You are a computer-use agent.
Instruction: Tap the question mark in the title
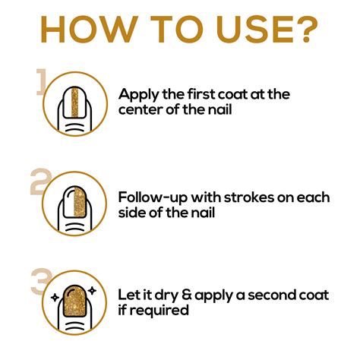[307, 29]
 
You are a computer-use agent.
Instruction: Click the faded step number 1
[41, 81]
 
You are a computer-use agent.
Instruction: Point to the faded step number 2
[40, 182]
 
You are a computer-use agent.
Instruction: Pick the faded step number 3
[40, 280]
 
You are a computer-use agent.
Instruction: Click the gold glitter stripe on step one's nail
[75, 103]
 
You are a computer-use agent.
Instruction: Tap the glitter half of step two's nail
[81, 202]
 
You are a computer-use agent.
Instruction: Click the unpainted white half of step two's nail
[68, 202]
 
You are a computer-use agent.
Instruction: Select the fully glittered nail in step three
[75, 302]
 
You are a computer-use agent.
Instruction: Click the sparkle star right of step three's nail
[93, 291]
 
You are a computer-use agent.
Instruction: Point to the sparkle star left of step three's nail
[55, 298]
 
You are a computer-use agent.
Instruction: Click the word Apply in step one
[139, 95]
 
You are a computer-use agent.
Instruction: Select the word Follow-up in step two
[153, 197]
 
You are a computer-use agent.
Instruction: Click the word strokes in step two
[249, 197]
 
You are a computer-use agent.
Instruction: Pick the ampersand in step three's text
[187, 295]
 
